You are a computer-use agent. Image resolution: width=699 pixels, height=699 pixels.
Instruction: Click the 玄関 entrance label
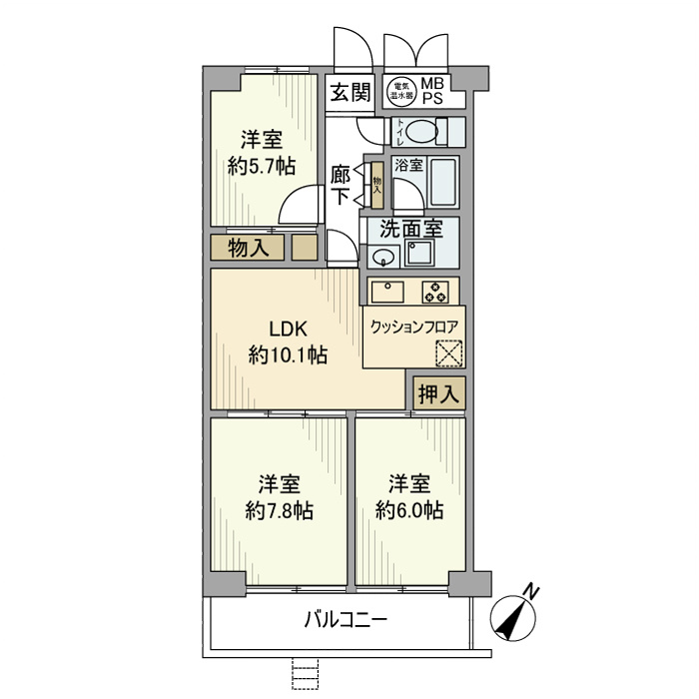point(350,93)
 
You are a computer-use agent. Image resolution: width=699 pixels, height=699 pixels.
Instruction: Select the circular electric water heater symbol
point(401,93)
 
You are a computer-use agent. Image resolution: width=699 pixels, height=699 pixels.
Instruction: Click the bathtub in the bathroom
point(441,183)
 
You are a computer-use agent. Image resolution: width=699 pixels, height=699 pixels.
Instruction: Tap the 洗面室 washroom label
point(404,228)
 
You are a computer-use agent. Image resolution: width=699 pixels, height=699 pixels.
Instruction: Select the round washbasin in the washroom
point(381,258)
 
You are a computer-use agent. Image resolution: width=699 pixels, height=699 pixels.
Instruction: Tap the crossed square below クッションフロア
point(449,354)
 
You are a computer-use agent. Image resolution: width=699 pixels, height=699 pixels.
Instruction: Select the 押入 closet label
point(438,393)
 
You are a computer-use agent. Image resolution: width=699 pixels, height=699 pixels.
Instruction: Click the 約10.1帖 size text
point(288,355)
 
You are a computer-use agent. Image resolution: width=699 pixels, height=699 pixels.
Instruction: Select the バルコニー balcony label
point(346,620)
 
